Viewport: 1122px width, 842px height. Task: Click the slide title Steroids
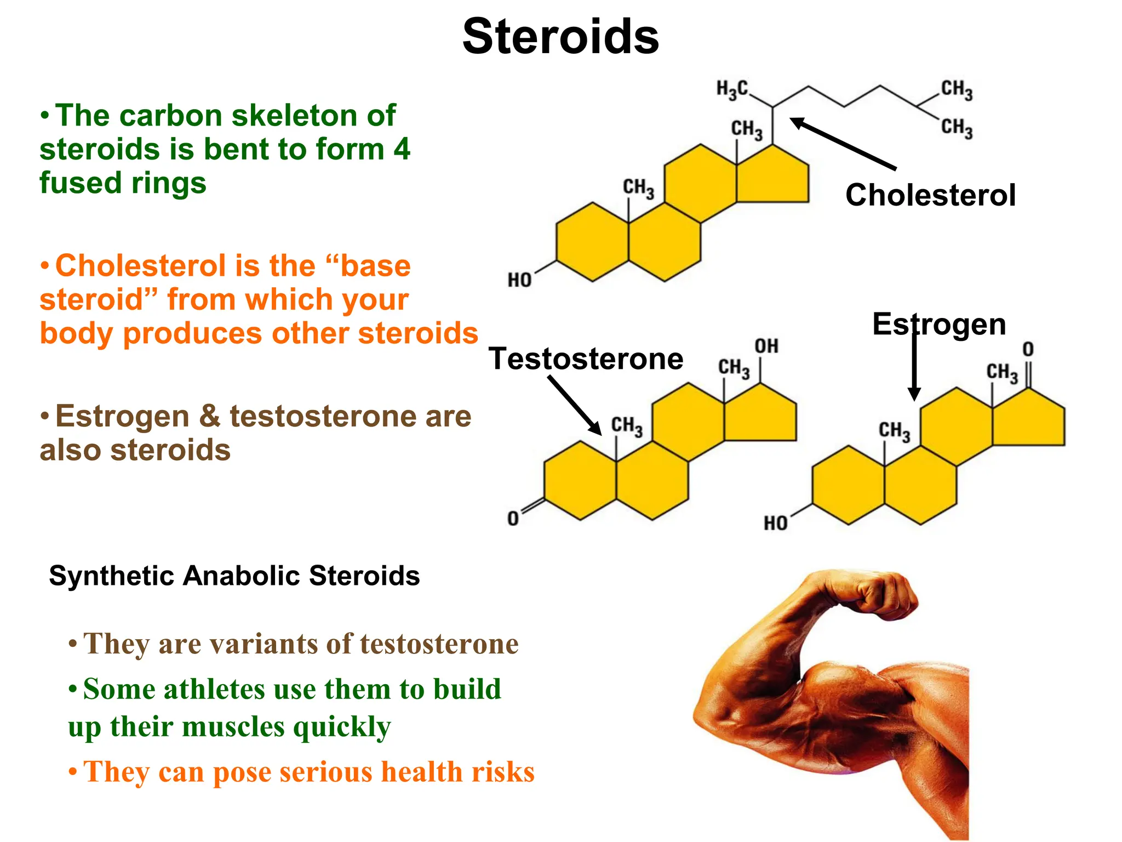(560, 37)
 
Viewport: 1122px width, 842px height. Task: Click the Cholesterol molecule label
(930, 195)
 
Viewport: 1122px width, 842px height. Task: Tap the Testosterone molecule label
(586, 359)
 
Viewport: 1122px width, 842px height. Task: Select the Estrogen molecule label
(939, 324)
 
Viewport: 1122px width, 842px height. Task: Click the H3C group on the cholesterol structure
(732, 89)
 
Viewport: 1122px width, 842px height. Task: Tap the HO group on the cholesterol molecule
(519, 280)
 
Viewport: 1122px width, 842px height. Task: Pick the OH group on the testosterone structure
(766, 346)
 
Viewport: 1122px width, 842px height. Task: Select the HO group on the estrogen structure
(776, 523)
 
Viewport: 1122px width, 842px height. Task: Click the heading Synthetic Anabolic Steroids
(234, 576)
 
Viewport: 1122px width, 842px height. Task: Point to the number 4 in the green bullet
(402, 149)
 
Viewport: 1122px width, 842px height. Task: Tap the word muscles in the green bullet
(233, 727)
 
